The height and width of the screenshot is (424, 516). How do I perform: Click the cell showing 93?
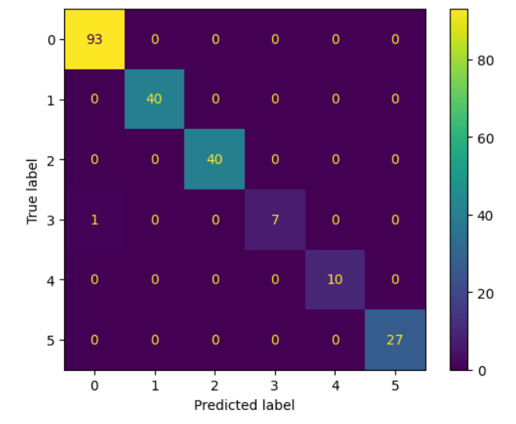[95, 40]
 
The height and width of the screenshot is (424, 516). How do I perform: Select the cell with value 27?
[396, 340]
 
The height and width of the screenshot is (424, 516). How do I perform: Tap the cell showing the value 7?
[275, 219]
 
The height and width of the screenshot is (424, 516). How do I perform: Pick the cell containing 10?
[335, 280]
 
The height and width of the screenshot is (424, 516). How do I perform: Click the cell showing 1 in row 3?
[95, 219]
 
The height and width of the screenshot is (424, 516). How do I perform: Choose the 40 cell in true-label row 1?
[155, 99]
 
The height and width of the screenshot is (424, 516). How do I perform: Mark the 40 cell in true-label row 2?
[215, 159]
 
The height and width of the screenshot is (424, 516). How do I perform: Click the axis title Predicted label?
[245, 405]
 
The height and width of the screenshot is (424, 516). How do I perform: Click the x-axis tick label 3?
[275, 385]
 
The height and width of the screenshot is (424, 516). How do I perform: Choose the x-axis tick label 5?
[396, 385]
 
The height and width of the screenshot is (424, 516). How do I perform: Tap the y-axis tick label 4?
[52, 280]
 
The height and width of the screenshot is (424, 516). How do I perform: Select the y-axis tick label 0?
[52, 40]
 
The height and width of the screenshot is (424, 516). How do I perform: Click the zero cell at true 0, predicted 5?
[396, 40]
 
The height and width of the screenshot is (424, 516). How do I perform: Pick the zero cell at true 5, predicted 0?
[95, 340]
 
